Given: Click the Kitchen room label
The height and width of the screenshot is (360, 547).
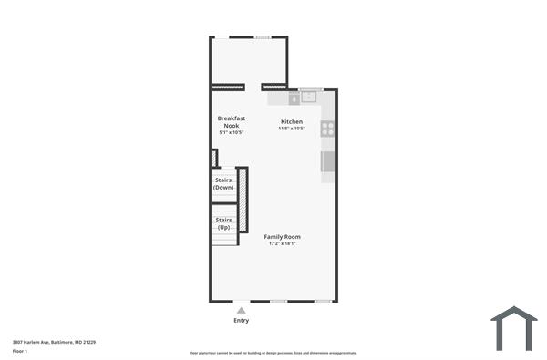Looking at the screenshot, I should coord(292,121).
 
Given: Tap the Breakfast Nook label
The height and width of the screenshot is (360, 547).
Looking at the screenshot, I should coord(232,121).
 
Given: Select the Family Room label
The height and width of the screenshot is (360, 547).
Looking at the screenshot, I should coord(283,237).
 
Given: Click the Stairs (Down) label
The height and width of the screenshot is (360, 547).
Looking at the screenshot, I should coord(223,183).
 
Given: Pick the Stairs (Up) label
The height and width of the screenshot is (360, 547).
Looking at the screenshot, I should coord(223,223).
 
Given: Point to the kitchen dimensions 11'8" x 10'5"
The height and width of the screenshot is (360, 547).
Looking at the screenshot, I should coord(292,129).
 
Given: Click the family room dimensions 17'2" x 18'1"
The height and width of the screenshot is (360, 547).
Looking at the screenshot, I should coord(284,244).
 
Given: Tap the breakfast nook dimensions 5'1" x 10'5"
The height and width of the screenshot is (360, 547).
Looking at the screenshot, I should coord(232,133).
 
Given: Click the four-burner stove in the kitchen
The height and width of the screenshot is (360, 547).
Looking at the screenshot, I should coord(328,129).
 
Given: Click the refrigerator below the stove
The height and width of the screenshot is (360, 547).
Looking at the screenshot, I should coord(328,161).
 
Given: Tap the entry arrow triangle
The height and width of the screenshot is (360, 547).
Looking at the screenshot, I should coord(241,311).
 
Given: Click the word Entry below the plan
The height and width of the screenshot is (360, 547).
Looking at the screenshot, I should coord(241,321).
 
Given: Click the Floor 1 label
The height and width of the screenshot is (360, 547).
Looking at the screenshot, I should coord(20,350).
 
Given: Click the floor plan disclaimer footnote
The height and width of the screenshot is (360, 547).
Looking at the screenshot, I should coord(273,352).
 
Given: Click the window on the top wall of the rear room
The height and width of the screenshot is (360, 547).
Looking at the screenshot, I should coord(263,36).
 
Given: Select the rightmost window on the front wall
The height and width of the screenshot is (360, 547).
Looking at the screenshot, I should coord(322,301).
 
